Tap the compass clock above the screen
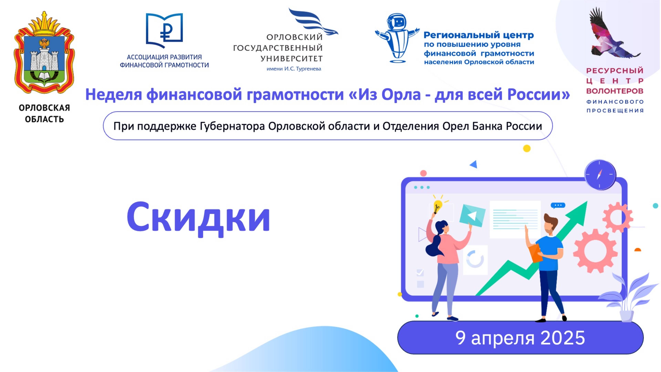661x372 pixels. coord(600,175)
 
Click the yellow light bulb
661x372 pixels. coord(437,206)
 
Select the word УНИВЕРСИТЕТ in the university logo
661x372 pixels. coord(291,59)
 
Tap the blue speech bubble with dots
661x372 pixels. coord(558,205)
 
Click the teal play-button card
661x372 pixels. coord(472,215)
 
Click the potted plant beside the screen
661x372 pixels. coord(626,298)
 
